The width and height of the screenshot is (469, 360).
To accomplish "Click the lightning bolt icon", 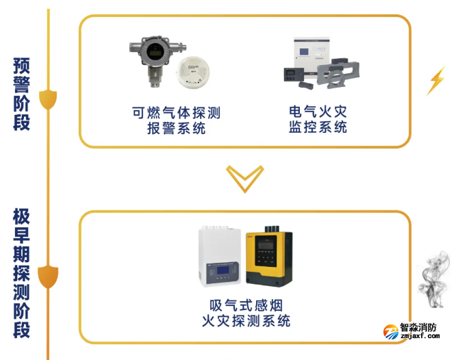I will [x=435, y=81].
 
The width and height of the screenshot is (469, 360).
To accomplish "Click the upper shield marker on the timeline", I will [x=48, y=100].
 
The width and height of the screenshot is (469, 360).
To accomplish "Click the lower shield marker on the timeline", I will [x=48, y=277].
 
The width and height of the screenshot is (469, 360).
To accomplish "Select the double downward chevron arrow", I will [x=244, y=178].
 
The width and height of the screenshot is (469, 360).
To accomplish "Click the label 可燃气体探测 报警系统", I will [x=176, y=120].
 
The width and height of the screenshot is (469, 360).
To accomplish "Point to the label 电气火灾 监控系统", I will [x=318, y=119].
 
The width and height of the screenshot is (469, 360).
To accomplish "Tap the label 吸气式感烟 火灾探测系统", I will [x=246, y=313].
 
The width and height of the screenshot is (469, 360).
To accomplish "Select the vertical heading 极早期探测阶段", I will [x=22, y=273].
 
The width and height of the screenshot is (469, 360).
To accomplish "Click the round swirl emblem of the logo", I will [x=391, y=333].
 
